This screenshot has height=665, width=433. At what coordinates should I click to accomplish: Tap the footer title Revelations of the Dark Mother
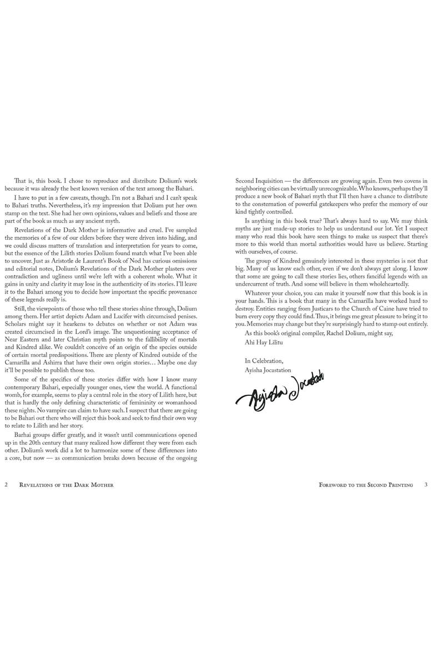click(66, 485)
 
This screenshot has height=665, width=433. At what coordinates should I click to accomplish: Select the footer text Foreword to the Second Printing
click(366, 485)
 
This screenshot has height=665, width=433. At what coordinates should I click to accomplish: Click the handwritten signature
click(281, 392)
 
